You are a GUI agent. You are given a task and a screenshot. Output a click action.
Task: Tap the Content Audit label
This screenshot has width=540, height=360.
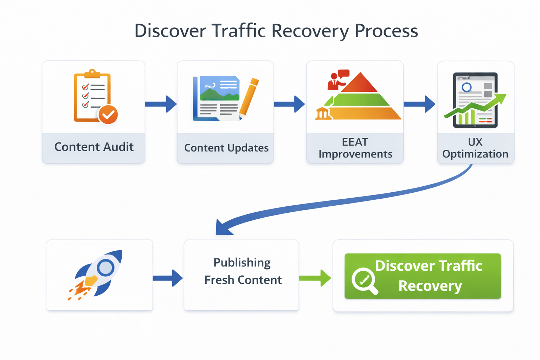(94, 147)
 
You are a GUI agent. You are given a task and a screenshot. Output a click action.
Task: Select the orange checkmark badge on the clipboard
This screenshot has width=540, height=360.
(108, 115)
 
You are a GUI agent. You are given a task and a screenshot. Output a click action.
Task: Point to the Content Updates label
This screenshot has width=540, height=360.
(226, 148)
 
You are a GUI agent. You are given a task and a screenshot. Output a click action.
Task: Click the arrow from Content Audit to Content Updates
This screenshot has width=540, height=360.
(161, 104)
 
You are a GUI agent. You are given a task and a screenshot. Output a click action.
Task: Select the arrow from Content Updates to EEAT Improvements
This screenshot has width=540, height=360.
(289, 104)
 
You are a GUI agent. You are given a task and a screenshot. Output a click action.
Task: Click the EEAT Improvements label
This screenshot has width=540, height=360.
(355, 148)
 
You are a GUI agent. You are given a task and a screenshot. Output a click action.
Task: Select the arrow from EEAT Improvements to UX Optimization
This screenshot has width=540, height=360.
(419, 104)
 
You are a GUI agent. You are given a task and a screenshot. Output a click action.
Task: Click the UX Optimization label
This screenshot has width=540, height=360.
(475, 148)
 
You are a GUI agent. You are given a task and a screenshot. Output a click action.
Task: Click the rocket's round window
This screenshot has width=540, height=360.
(105, 268)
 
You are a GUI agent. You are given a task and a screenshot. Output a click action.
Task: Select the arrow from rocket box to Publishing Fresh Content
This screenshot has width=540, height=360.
(168, 278)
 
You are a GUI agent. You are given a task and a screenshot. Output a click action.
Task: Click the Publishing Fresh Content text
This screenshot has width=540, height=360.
(242, 271)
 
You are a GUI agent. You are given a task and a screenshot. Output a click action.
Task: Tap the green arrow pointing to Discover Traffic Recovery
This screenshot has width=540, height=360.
(315, 278)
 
